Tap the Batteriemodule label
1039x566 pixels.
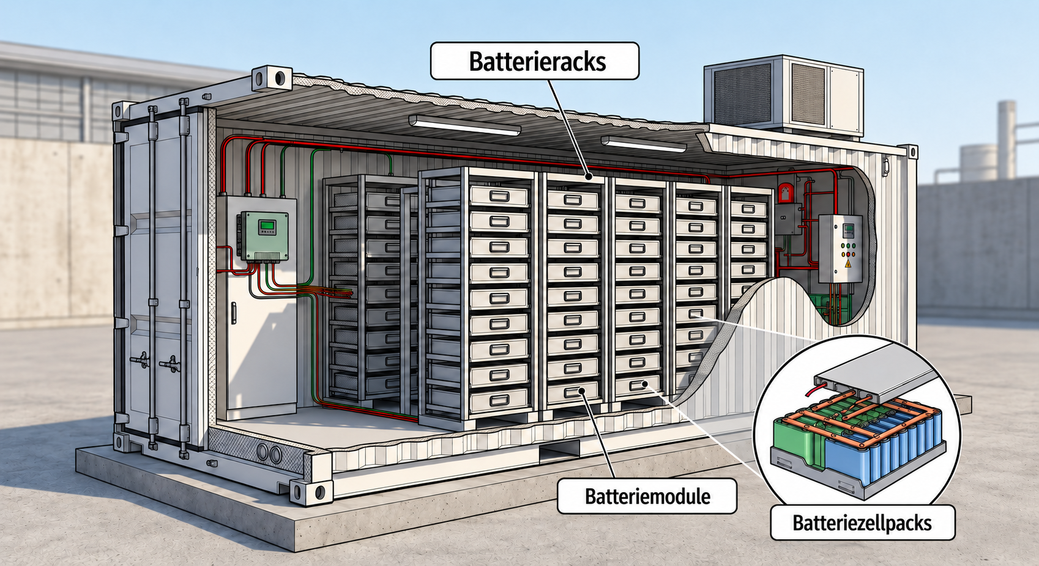[x=647, y=496]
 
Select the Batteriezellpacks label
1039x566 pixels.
[x=862, y=523]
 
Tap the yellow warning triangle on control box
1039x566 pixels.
[x=848, y=265]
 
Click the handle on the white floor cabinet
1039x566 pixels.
[x=234, y=313]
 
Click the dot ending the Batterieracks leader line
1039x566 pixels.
[x=588, y=176]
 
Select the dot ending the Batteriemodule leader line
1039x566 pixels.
[x=582, y=392]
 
